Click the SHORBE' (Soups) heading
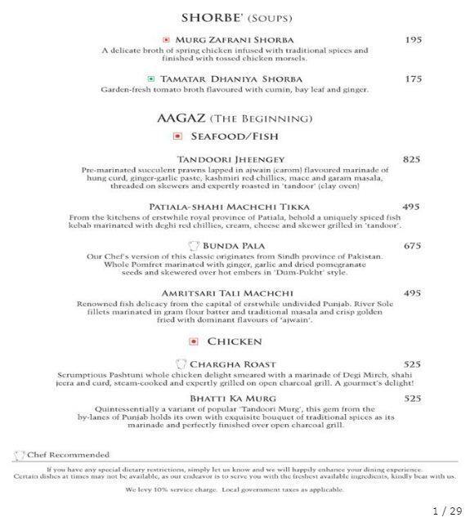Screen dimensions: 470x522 click(x=235, y=16)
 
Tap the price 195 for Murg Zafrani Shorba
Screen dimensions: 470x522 click(x=414, y=39)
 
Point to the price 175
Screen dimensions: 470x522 click(x=414, y=79)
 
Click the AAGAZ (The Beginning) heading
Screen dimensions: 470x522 click(x=235, y=118)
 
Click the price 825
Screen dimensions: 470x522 click(x=411, y=159)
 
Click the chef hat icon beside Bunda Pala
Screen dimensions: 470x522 click(x=193, y=245)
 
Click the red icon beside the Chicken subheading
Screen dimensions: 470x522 click(x=193, y=341)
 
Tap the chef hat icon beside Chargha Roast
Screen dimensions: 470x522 click(x=181, y=364)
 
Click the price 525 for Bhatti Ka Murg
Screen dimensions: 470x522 click(x=411, y=399)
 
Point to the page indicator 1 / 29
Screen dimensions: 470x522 click(x=446, y=511)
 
